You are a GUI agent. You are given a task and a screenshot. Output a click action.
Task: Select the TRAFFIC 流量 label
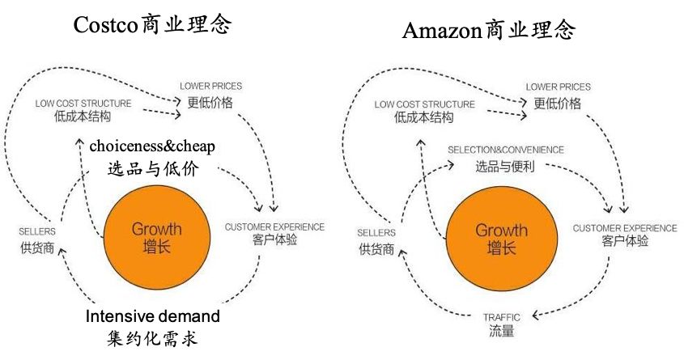(x=501, y=324)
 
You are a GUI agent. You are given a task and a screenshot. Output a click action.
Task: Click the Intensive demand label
(x=153, y=316)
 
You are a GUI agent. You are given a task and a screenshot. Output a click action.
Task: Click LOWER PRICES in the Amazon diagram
(x=558, y=87)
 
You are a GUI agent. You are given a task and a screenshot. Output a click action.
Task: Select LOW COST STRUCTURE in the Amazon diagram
(x=424, y=104)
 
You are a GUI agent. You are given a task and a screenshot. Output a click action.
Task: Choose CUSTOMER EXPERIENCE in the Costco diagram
(x=274, y=227)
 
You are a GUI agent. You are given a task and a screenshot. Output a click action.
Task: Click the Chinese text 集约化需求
(x=152, y=338)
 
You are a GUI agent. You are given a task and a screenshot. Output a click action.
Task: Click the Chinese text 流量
(x=501, y=332)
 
